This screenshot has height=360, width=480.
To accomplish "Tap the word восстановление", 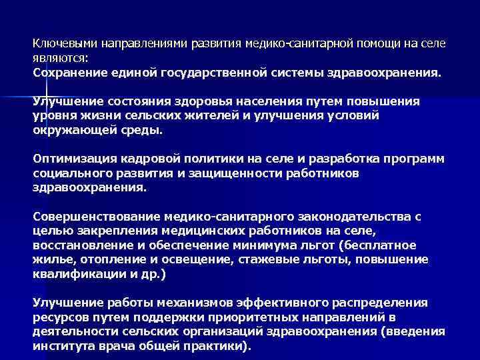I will click(x=79, y=245).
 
